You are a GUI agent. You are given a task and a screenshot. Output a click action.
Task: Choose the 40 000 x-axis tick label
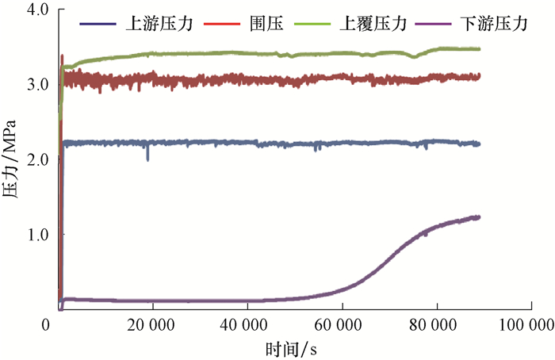[247, 324]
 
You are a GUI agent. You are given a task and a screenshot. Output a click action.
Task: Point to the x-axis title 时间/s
[293, 347]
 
